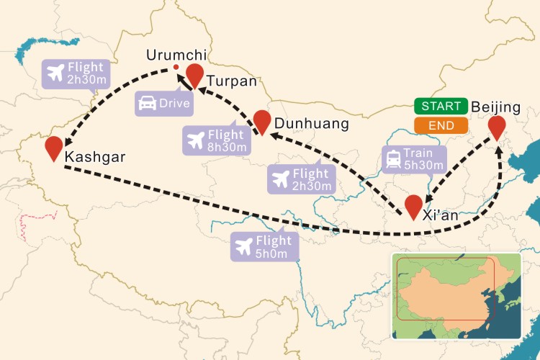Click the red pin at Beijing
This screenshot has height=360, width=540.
click(497, 127)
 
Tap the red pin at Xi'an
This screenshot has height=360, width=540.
click(413, 205)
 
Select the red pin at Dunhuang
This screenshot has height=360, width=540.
click(262, 120)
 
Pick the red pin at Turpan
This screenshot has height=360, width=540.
click(195, 74)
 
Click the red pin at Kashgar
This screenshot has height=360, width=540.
click(53, 147)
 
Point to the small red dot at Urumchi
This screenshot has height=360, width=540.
click(176, 69)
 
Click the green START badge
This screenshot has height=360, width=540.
click(441, 107)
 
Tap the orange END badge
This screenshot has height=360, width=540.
click(441, 125)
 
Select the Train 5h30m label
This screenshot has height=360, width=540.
click(415, 159)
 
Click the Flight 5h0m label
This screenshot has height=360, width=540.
click(264, 247)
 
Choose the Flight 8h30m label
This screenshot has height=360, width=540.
click(216, 140)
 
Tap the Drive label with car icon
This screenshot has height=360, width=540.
click(164, 103)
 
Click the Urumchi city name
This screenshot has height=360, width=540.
click(176, 55)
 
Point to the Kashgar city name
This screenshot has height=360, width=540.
click(95, 156)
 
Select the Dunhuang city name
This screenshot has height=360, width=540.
click(311, 124)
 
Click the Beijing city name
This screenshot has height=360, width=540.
click(495, 107)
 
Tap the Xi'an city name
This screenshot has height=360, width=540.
click(440, 215)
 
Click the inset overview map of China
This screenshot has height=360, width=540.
click(456, 295)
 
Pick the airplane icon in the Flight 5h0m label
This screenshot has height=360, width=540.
click(245, 247)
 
